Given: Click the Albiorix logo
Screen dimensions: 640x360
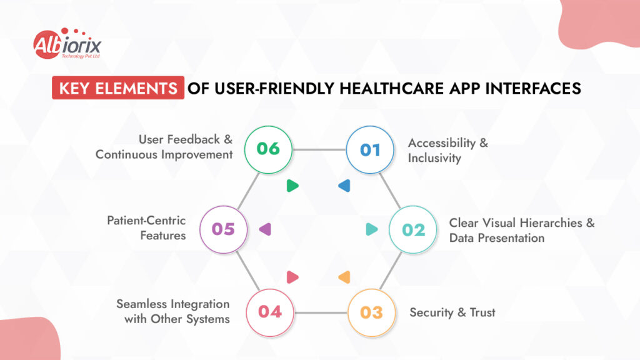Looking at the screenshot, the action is click(x=67, y=44).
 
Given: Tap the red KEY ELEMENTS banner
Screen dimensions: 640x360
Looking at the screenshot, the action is click(x=118, y=87).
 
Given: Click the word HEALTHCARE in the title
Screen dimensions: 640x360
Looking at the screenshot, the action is click(x=391, y=88).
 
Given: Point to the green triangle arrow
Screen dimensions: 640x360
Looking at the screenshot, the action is click(x=292, y=186).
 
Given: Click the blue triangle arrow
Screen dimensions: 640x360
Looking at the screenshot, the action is click(x=344, y=186).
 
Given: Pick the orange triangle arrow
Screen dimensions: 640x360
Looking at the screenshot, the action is click(x=344, y=277).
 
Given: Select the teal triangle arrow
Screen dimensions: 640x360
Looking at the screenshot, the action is click(x=371, y=229).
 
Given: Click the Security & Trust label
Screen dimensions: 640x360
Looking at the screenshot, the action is click(x=452, y=312).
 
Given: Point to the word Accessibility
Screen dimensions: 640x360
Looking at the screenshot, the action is click(x=442, y=143).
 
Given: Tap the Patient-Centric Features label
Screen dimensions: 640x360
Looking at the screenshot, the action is click(x=146, y=227).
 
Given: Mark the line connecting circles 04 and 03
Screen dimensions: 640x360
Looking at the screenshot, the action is click(x=321, y=313).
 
